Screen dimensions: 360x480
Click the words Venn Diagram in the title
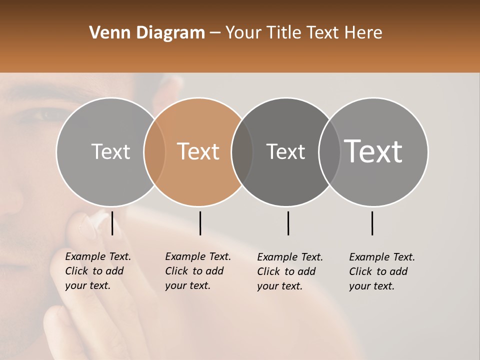pos(147,33)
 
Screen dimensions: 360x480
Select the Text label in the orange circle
pos(198,151)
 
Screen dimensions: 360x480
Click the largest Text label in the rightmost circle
pos(373,151)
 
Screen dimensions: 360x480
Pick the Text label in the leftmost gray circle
pos(110,151)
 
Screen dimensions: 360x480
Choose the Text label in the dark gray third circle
pos(285,151)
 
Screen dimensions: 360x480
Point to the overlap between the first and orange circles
pos(154,151)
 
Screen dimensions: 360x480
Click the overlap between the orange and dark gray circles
pos(242,151)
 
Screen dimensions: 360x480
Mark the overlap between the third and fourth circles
pos(329,151)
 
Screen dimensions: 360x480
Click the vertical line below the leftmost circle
pos(112,223)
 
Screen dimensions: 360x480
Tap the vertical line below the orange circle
pos(200,223)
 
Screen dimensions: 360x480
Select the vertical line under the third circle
pos(288,223)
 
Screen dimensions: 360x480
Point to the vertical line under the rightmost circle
pos(372,223)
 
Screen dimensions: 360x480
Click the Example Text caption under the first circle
pos(97,271)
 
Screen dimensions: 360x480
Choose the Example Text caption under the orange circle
pos(197,271)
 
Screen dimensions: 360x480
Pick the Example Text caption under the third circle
pos(289,271)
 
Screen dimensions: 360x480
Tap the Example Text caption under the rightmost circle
pos(381,271)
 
